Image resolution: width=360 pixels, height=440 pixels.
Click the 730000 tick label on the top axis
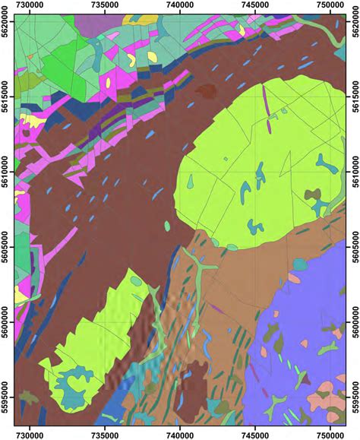pos(31,6)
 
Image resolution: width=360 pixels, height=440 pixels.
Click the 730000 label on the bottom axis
pos(31,434)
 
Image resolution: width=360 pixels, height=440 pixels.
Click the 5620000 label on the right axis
pos(353,30)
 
